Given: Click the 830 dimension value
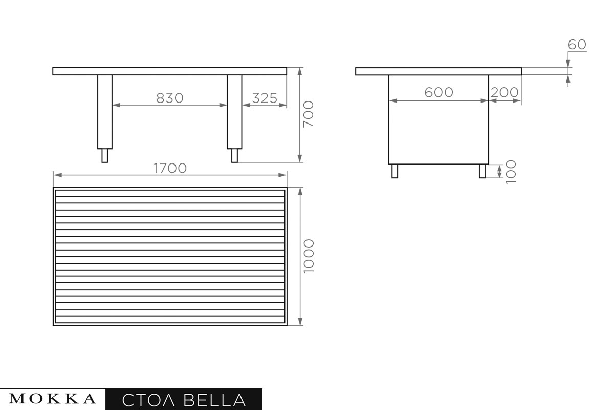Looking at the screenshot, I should (x=169, y=98).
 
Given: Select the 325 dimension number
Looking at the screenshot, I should (x=265, y=98).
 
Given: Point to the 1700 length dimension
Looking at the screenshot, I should (x=170, y=168).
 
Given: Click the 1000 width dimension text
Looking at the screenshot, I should (x=309, y=256).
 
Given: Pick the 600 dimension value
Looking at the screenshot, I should (x=438, y=92).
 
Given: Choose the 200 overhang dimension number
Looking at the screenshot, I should (x=505, y=92).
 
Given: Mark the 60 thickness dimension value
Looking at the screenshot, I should (x=577, y=45).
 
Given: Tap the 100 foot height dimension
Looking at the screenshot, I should (x=510, y=172).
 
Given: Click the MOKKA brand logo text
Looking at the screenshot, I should (x=53, y=399).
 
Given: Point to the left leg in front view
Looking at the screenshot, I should (x=104, y=112).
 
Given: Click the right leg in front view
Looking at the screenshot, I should (x=234, y=112).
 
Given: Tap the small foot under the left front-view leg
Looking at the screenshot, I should (x=104, y=155).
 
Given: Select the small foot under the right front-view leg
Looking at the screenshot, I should (x=234, y=155).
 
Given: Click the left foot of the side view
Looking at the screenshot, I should (x=394, y=171).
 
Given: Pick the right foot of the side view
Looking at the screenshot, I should (x=482, y=171).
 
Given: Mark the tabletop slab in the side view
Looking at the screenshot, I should (x=438, y=71).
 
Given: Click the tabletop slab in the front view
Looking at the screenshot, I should (x=169, y=71).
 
